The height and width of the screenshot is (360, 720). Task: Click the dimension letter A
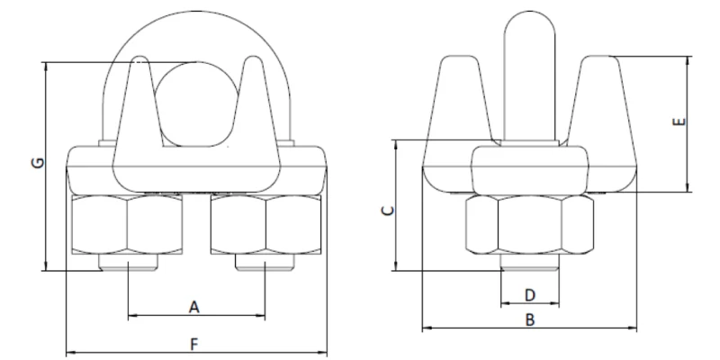pos(193,307)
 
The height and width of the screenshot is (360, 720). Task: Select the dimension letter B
pos(531,319)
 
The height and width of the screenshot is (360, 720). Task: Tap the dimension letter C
pos(385,210)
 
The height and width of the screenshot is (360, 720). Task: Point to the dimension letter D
pos(530,294)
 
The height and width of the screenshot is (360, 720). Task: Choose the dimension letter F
pos(193,343)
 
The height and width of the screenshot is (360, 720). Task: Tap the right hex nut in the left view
pos(265,226)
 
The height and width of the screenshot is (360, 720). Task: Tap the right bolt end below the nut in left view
pos(265,265)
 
